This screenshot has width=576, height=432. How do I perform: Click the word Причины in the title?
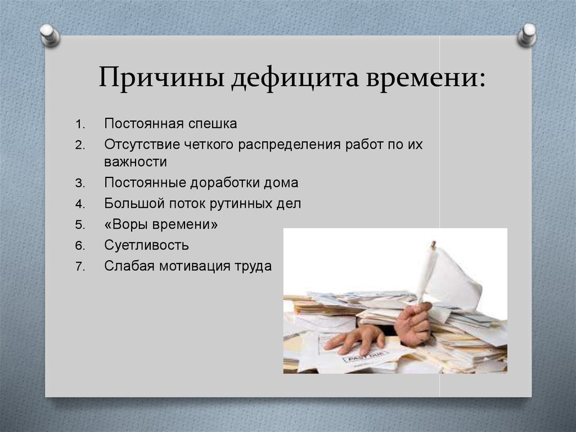[161, 77]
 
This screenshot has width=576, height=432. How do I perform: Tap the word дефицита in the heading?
[295, 78]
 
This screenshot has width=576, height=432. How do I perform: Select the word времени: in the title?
[426, 77]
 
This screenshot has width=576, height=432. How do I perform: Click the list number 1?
[80, 124]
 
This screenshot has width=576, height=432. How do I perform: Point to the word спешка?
[213, 124]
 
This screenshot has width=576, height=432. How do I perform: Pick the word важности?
[135, 162]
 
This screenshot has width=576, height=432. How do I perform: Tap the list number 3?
[80, 183]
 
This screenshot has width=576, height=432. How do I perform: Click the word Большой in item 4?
[134, 203]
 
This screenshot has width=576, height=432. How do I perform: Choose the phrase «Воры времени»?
[161, 224]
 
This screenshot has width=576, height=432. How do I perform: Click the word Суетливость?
[146, 245]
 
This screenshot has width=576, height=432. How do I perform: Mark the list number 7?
[80, 266]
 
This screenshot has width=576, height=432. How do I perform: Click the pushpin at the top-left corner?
[49, 34]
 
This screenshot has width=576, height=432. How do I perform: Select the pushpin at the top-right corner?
[527, 34]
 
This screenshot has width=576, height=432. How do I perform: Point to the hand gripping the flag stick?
[413, 324]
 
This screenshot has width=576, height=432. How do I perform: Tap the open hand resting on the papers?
[354, 339]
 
